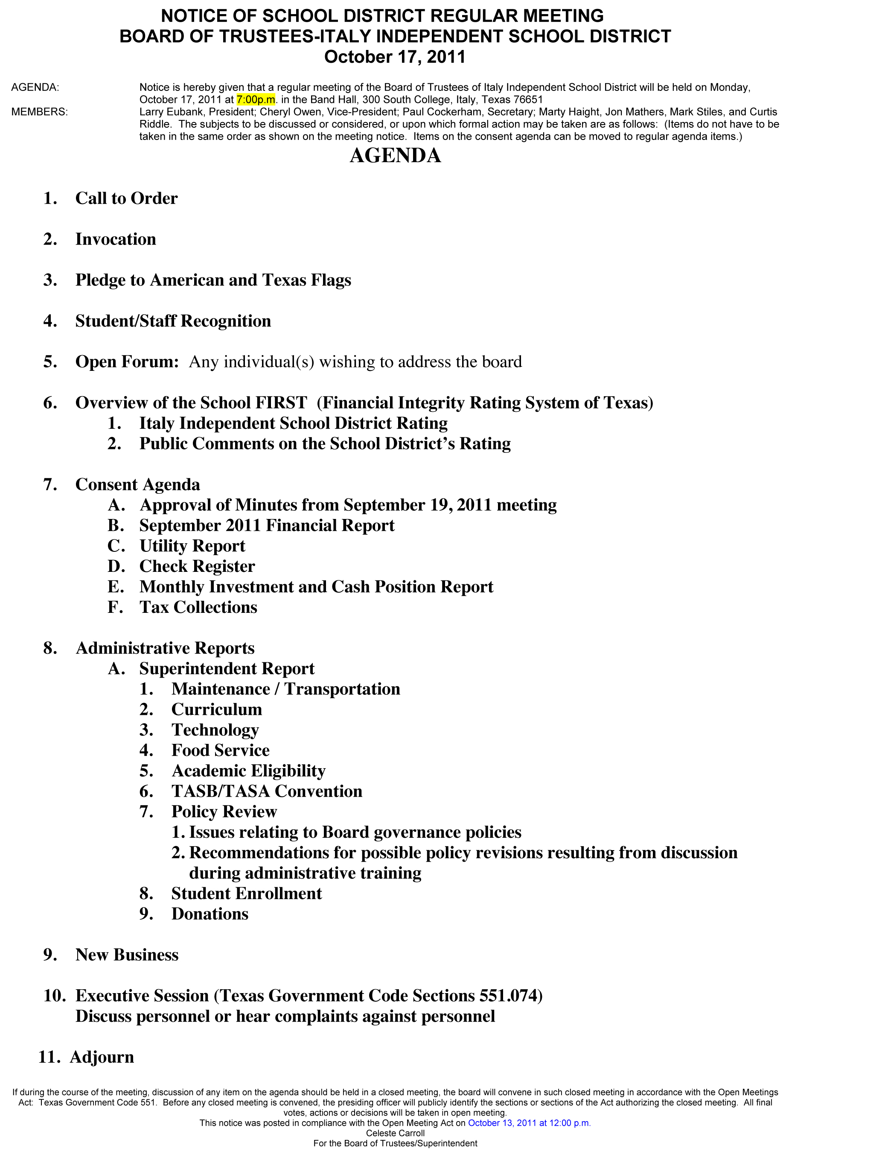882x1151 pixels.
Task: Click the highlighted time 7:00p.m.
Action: (256, 100)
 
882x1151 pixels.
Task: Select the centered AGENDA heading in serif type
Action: (395, 156)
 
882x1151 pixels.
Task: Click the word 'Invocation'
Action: (116, 239)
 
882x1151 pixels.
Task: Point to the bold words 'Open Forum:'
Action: (127, 362)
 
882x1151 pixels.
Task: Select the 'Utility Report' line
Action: (192, 546)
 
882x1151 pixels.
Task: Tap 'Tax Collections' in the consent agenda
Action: (198, 608)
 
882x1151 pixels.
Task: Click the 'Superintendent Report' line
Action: (227, 669)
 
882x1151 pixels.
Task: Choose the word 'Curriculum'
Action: (216, 710)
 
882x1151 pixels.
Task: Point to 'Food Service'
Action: (220, 751)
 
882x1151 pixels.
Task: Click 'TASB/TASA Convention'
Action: (267, 792)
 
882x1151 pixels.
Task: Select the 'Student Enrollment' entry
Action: (246, 894)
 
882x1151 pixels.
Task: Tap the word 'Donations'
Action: (210, 914)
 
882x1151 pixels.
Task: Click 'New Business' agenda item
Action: (127, 955)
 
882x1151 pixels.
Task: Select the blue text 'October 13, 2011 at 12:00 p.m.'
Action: (529, 1123)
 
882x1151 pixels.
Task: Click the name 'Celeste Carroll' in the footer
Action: (395, 1133)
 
